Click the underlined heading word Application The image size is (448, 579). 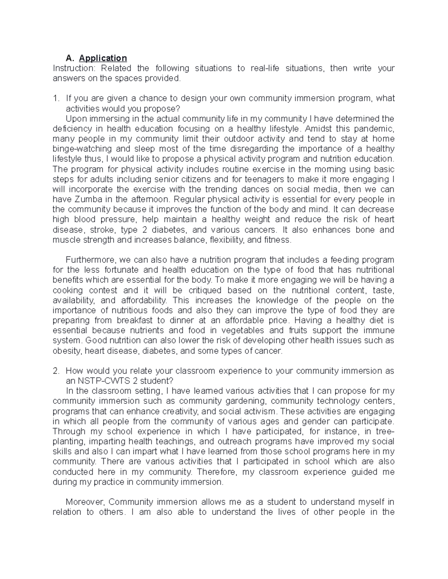[103, 58]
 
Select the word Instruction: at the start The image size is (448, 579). [74, 68]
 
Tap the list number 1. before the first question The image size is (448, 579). [56, 98]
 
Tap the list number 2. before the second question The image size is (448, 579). [56, 371]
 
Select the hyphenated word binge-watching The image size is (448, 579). [82, 149]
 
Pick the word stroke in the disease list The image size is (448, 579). [100, 230]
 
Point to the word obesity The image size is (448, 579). [67, 351]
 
